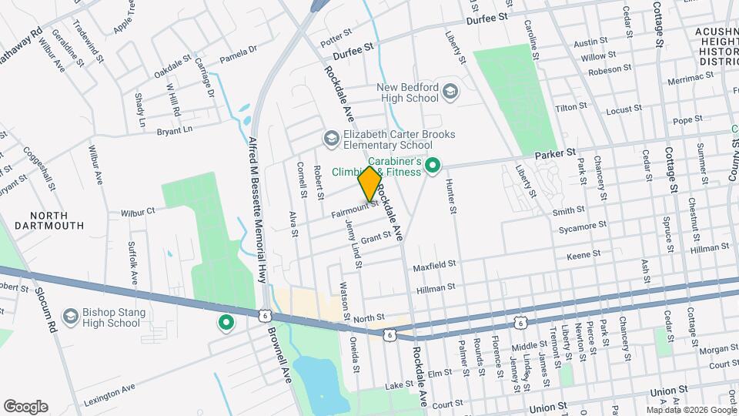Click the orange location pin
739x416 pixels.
pyautogui.click(x=369, y=184)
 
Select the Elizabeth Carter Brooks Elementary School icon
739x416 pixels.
pyautogui.click(x=331, y=138)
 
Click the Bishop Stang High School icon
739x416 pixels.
pyautogui.click(x=71, y=317)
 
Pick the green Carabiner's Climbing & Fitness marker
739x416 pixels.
pyautogui.click(x=433, y=165)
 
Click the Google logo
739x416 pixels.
pyautogui.click(x=25, y=407)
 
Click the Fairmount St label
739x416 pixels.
pyautogui.click(x=355, y=206)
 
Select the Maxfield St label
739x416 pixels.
pyautogui.click(x=434, y=264)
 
